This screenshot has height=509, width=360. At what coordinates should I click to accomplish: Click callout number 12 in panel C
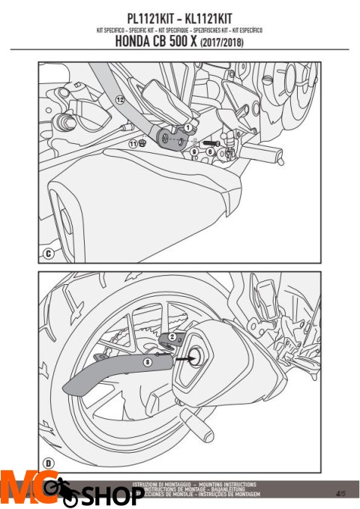[120, 99]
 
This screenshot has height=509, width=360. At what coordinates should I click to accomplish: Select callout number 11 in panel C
[132, 143]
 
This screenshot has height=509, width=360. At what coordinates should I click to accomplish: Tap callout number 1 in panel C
[187, 128]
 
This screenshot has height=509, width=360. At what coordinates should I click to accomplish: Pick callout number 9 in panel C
[194, 151]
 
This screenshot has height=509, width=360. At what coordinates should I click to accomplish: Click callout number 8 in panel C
[210, 151]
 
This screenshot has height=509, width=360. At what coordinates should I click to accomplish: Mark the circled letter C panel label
[47, 254]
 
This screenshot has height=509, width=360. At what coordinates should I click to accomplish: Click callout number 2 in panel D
[172, 337]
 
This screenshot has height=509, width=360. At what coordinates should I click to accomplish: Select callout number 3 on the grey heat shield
[147, 362]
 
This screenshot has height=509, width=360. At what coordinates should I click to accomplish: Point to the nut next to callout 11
[142, 142]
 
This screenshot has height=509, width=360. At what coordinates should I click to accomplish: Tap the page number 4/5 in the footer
[340, 493]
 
